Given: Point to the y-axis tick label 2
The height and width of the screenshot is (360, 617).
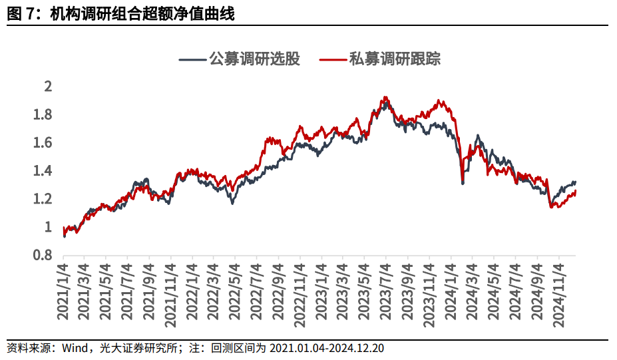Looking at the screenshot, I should click(47, 87).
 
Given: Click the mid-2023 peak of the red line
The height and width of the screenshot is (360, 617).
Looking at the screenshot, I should click(385, 98).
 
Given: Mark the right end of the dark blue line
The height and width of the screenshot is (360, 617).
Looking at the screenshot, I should click(575, 182).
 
